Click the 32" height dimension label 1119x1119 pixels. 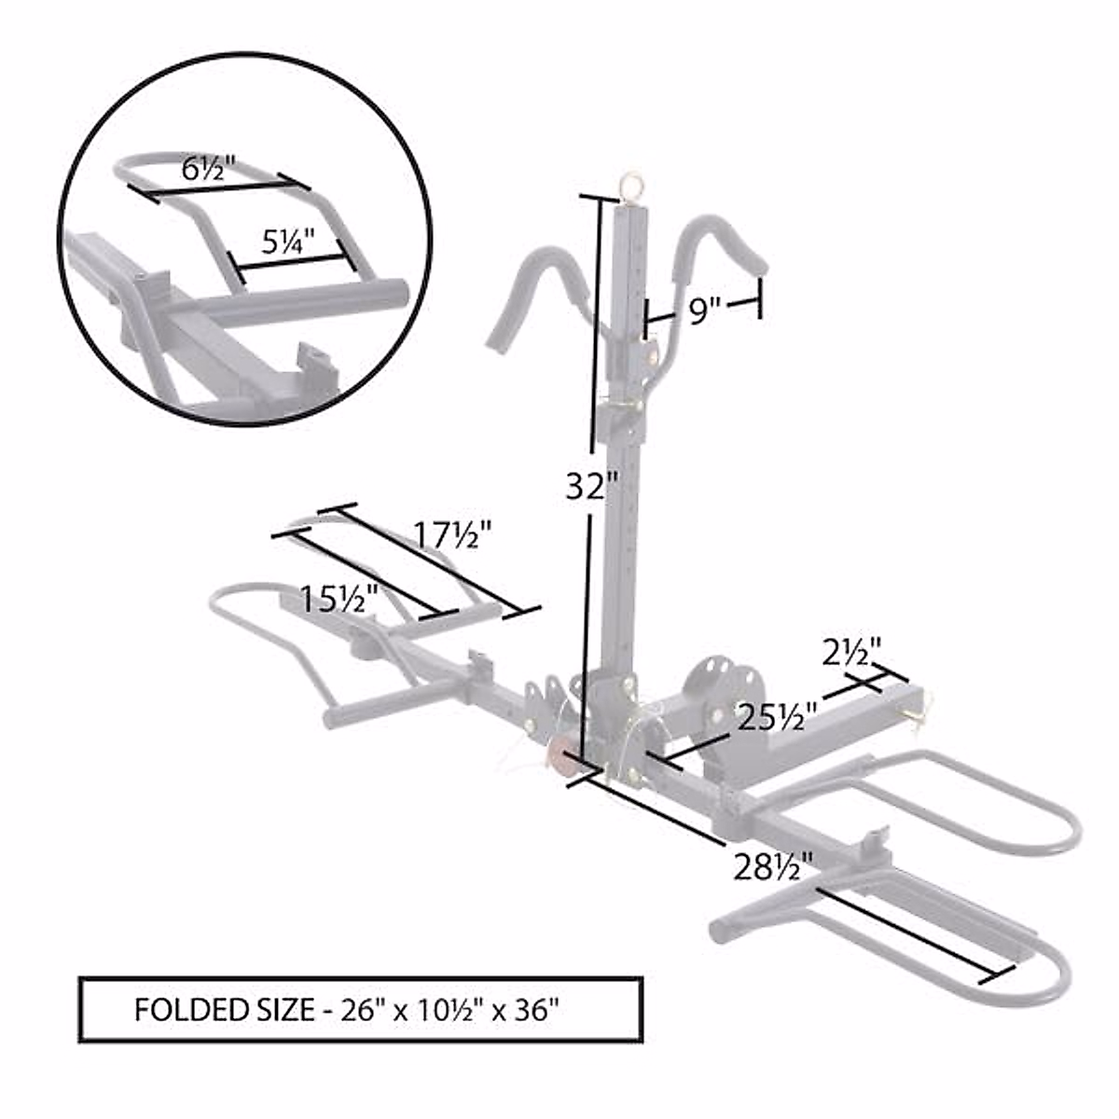click(x=591, y=486)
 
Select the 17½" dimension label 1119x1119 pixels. click(x=452, y=536)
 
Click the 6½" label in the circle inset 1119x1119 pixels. click(x=207, y=171)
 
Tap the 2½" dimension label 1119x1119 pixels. click(x=851, y=651)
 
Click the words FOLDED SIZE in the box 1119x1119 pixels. click(x=224, y=1010)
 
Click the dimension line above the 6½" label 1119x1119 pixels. click(x=219, y=189)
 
